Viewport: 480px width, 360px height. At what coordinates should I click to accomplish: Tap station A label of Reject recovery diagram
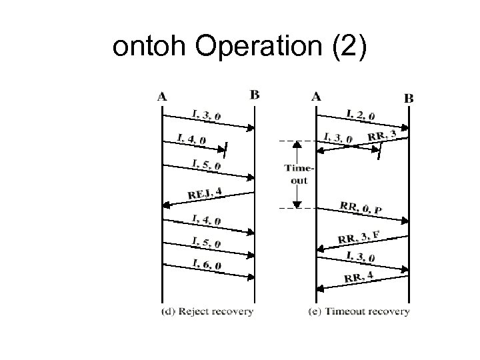(162, 96)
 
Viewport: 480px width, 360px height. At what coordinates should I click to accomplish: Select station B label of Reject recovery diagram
(255, 95)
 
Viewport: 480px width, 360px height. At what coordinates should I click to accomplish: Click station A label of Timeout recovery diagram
(316, 96)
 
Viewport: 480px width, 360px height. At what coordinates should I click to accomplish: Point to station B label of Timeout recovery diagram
(409, 97)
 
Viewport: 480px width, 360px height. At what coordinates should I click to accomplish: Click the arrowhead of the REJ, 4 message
(166, 203)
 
